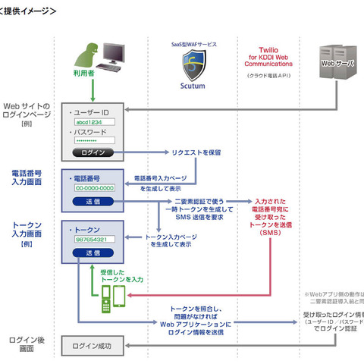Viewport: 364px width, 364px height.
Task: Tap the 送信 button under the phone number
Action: click(x=93, y=201)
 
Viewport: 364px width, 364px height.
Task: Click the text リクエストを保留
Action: click(x=196, y=152)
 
